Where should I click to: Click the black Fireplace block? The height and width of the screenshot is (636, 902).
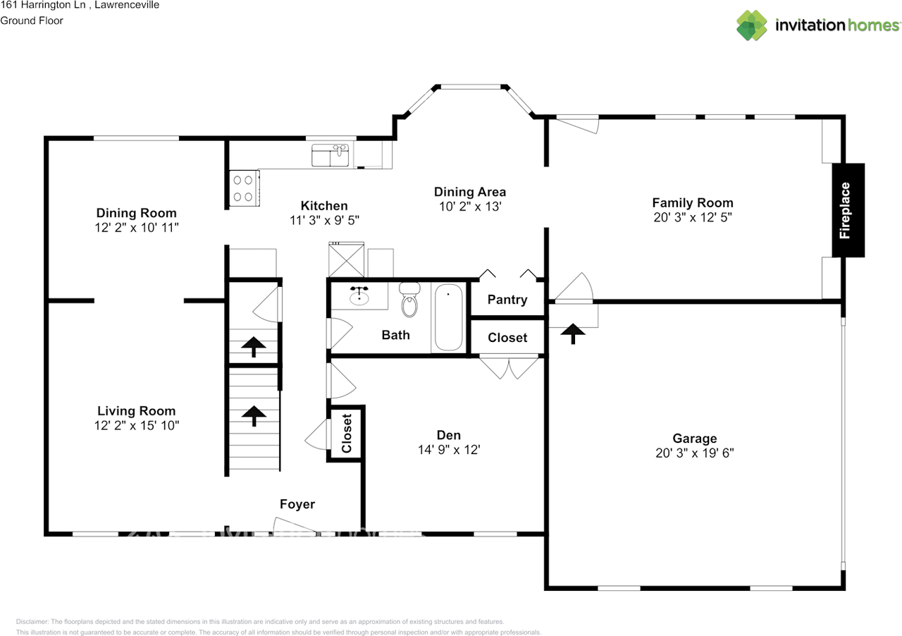(x=848, y=211)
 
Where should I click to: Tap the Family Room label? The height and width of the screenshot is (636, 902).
(x=692, y=203)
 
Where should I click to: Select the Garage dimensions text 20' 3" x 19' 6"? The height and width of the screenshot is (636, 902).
(x=694, y=453)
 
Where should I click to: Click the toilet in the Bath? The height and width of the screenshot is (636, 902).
(x=409, y=300)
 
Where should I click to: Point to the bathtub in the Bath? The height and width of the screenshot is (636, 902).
(x=447, y=317)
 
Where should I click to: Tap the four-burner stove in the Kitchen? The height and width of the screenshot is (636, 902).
(x=243, y=188)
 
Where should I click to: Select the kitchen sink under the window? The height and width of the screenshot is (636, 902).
(x=330, y=155)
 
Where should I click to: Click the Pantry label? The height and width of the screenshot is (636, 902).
(x=507, y=300)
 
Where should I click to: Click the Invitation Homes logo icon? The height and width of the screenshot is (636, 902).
(x=751, y=25)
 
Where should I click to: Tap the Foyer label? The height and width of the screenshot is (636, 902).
(x=297, y=504)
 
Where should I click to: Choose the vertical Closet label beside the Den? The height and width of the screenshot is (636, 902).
(x=346, y=433)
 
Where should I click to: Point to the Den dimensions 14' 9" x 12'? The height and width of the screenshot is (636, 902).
(x=448, y=450)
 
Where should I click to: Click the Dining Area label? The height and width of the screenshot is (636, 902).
(x=469, y=192)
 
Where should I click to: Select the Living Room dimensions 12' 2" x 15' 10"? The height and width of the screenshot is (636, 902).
(x=136, y=426)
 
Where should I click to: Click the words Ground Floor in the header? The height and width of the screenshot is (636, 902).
(x=32, y=20)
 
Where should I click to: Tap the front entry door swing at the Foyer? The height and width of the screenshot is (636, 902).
(x=295, y=526)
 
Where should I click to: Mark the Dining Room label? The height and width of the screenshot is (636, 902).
(x=136, y=213)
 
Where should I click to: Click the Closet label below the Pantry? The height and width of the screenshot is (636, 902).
(x=507, y=338)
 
